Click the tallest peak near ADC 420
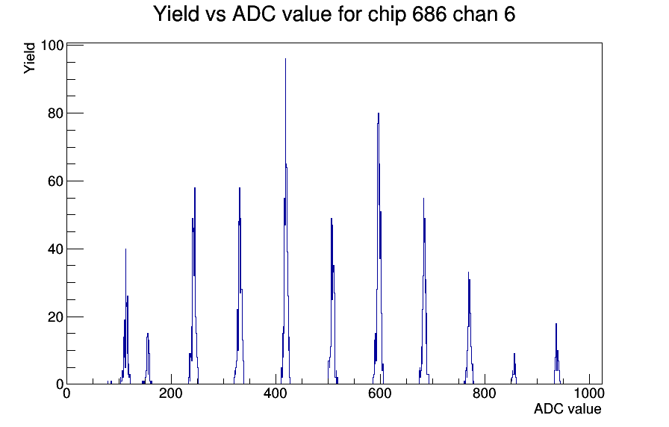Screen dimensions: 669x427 point(285,222)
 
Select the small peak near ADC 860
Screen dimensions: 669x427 point(514,369)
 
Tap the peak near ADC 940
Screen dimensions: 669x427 point(556,354)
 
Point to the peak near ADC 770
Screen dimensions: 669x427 point(469,328)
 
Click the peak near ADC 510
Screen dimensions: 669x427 point(332,301)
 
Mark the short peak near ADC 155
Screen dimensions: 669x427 point(148,358)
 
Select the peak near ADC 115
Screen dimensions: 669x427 point(126,316)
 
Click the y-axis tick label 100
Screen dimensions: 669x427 point(52,46)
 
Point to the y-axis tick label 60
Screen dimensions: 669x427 point(55,181)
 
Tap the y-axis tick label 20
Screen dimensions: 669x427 point(55,317)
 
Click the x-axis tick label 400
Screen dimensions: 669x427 point(276,393)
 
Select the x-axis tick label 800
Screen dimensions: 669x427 point(485,393)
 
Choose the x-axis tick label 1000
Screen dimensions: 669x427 point(589,393)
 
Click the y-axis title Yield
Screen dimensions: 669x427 point(29,58)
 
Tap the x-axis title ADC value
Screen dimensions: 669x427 point(567,409)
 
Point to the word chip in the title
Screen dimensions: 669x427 point(387,15)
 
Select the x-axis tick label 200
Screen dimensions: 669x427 point(171,393)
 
